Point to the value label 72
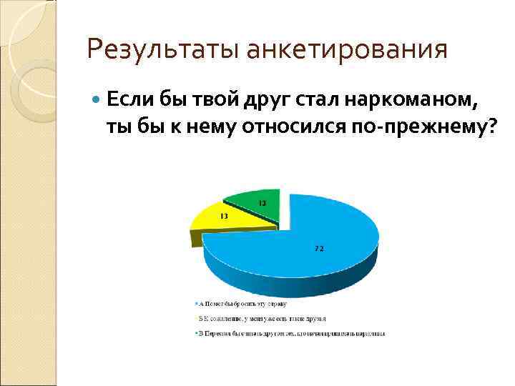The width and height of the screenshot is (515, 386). [x=319, y=249]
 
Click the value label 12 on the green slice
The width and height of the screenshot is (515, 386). [x=263, y=203]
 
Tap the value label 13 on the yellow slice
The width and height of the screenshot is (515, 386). [x=224, y=215]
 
